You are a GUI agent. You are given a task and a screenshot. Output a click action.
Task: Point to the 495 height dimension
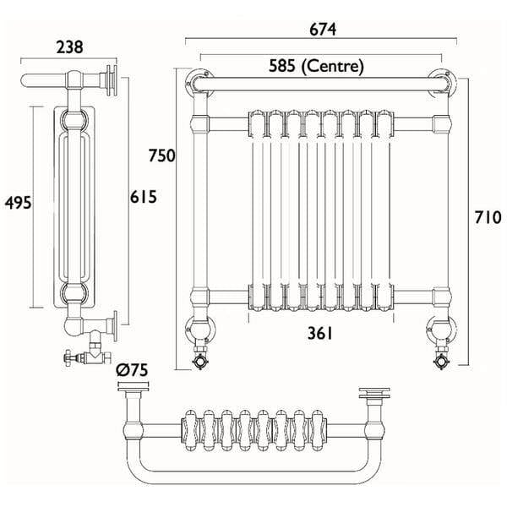pos(18,203)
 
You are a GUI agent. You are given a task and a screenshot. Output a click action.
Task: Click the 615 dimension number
pos(143,196)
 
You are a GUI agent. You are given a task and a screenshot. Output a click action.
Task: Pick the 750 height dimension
pos(162,155)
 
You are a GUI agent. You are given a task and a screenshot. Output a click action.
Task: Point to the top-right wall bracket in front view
pos(442,80)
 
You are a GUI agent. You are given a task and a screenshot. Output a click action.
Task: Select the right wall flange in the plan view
pos(373,394)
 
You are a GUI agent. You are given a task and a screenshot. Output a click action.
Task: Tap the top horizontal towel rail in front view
pos(321,84)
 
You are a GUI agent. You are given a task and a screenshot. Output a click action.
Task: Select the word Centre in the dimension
pos(337,64)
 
